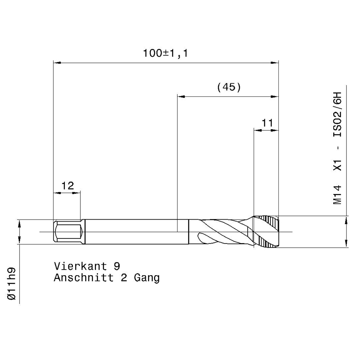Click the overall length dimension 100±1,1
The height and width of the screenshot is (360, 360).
tap(165, 53)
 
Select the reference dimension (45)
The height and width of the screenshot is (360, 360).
tap(229, 87)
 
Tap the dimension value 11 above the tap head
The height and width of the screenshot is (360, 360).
tap(267, 123)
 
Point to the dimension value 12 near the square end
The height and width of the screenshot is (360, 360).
tap(68, 186)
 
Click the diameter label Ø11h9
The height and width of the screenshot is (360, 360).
tap(12, 284)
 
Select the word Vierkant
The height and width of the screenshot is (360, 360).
tap(80, 266)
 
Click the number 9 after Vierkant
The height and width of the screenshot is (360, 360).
tap(117, 266)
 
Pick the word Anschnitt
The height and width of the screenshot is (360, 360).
tap(84, 278)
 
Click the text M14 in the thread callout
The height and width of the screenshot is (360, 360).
tap(338, 195)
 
